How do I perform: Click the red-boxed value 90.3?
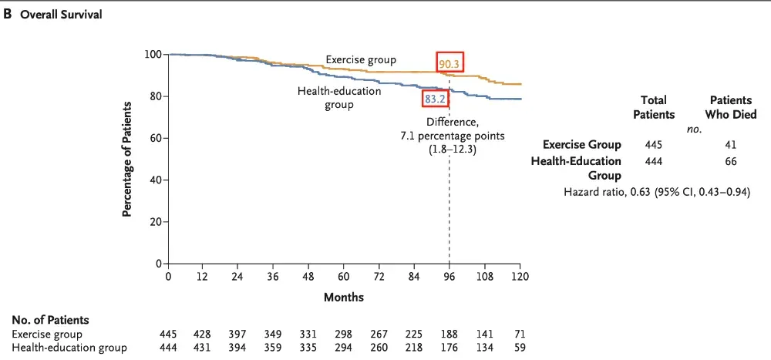pyautogui.click(x=449, y=63)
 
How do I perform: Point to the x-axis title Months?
pyautogui.click(x=344, y=297)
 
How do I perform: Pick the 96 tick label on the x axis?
pyautogui.click(x=449, y=277)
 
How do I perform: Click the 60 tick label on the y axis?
pyautogui.click(x=154, y=138)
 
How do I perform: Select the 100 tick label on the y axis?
pyautogui.click(x=152, y=55)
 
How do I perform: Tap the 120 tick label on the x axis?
pyautogui.click(x=520, y=277)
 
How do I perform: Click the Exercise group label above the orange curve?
pyautogui.click(x=361, y=59)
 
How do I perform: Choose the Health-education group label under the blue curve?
pyautogui.click(x=339, y=97)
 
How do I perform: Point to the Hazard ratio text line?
pyautogui.click(x=657, y=191)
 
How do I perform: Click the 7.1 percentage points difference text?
pyautogui.click(x=453, y=136)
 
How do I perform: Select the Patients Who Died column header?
pyautogui.click(x=732, y=107)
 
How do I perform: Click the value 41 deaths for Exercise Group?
pyautogui.click(x=731, y=145)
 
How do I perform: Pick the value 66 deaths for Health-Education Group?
pyautogui.click(x=731, y=161)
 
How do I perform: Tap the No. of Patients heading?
pyautogui.click(x=51, y=320)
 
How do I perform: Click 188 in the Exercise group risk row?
pyautogui.click(x=449, y=335)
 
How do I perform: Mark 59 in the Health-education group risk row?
pyautogui.click(x=520, y=348)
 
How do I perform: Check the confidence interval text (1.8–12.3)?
pyautogui.click(x=453, y=150)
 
